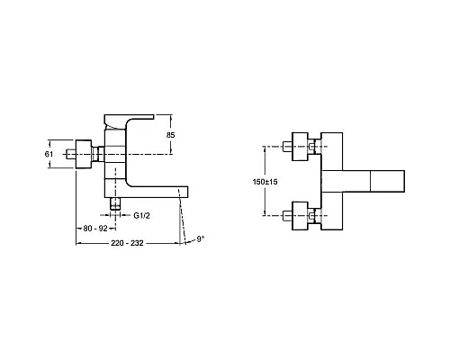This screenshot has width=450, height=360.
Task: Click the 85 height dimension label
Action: pos(170,135)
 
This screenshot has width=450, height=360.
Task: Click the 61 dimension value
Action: pos(51,154)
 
